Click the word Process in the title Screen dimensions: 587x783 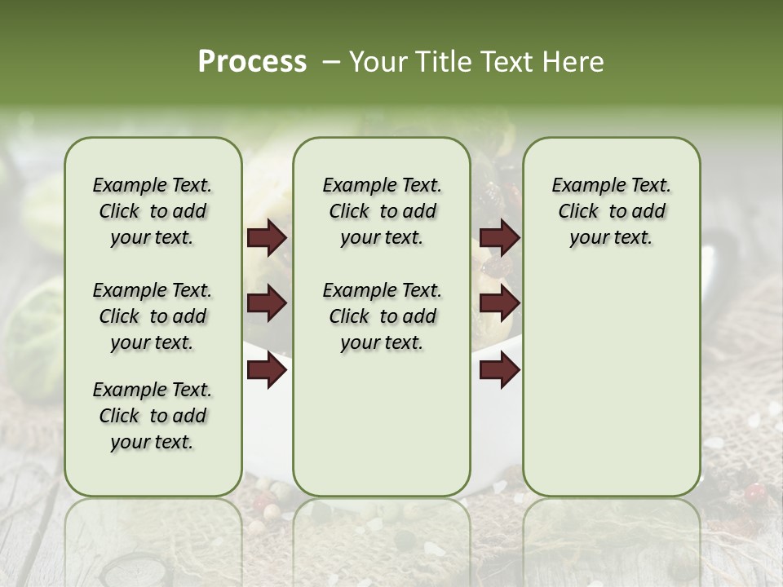252,61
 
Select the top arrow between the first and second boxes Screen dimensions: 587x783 267,237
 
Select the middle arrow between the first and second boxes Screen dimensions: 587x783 267,303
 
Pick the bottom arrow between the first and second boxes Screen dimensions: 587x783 267,370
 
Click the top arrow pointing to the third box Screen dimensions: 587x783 499,237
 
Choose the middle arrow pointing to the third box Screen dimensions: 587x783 499,303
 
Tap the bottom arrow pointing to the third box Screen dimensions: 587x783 499,370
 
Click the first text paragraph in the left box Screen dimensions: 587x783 153,211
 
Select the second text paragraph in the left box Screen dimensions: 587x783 153,316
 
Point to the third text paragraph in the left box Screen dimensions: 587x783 153,416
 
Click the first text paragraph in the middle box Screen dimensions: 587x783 382,211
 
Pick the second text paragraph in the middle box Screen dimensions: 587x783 382,316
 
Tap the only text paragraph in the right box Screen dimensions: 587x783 611,211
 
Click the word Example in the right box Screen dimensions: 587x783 581,186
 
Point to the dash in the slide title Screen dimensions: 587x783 331,62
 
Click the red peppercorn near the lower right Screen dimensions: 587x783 754,491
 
